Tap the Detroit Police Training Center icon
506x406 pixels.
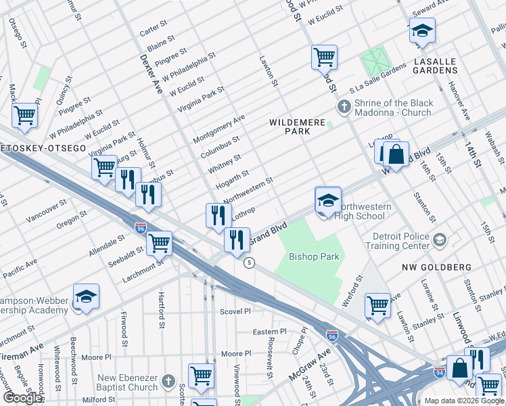click(x=440, y=240)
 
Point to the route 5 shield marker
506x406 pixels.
click(x=250, y=263)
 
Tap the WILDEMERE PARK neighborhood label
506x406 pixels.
click(x=298, y=122)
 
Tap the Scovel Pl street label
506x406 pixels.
click(x=235, y=311)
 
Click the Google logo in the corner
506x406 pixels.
click(x=22, y=397)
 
